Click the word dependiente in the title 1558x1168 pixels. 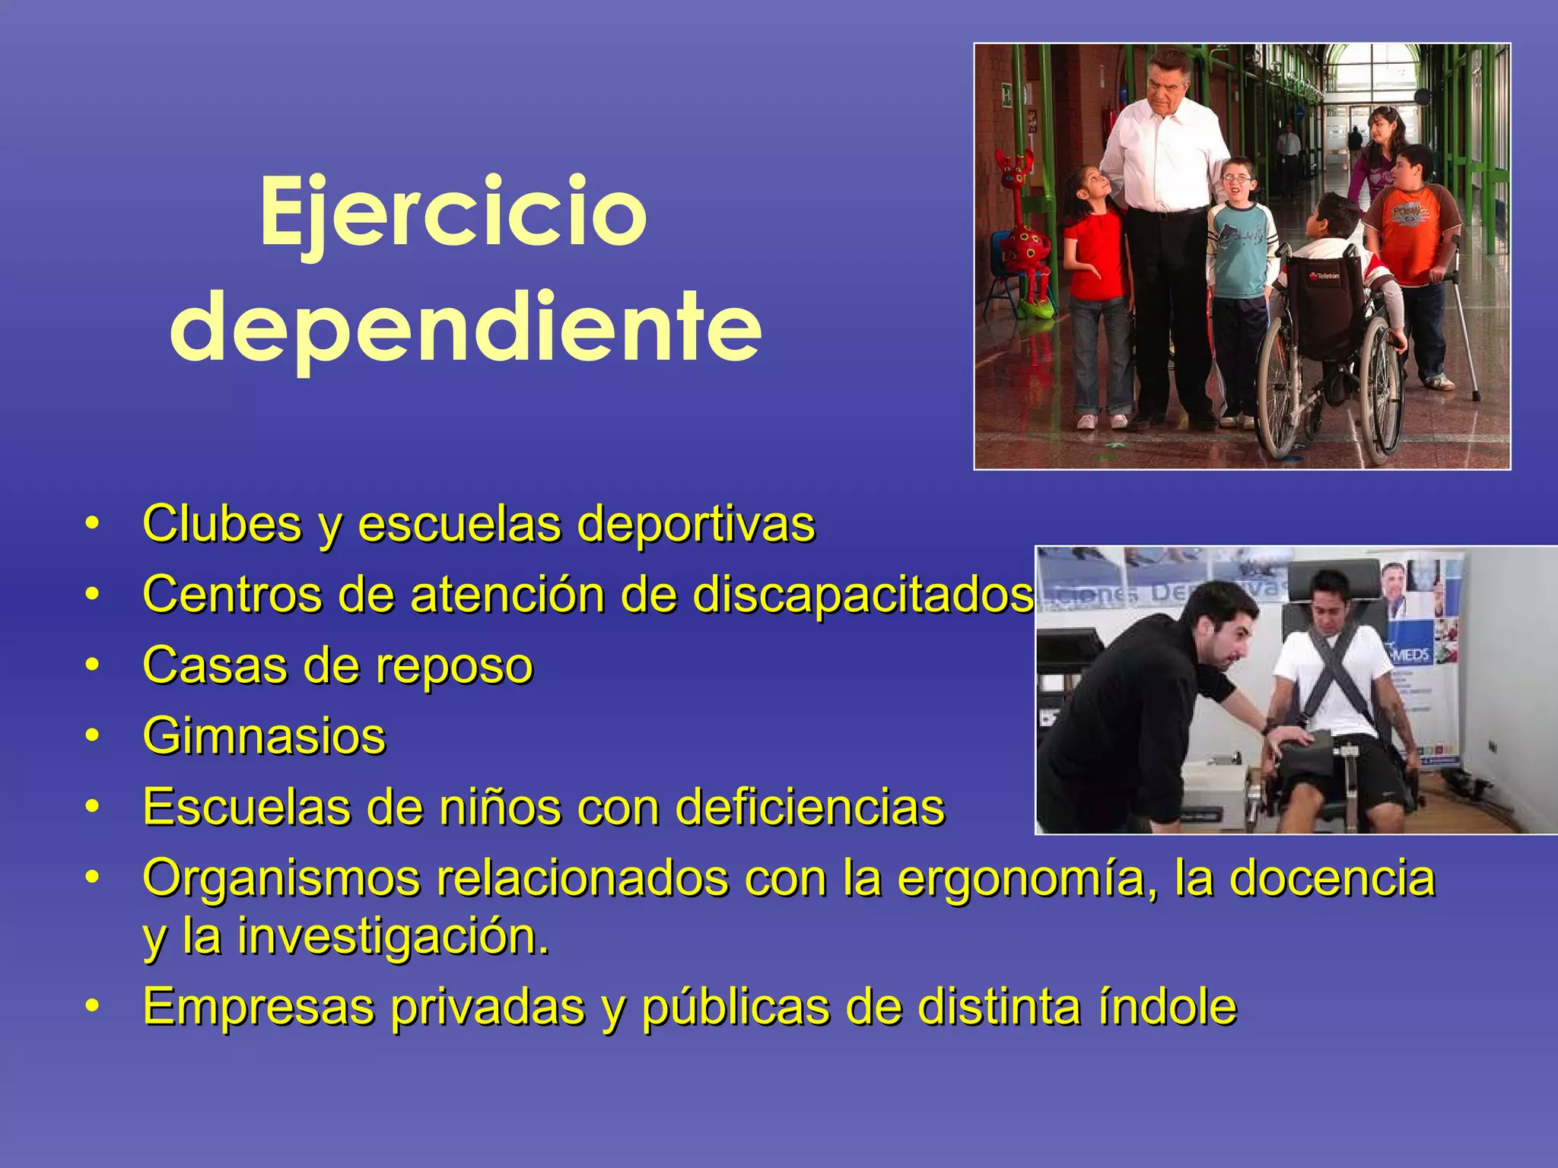pos(466,328)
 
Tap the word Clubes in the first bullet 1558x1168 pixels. pos(222,524)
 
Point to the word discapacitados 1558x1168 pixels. pos(863,595)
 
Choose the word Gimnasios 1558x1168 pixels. pos(264,736)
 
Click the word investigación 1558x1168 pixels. pos(393,936)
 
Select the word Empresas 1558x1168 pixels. pos(259,1007)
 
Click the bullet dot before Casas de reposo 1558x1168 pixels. pos(92,666)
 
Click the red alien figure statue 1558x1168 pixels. pos(1024,236)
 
